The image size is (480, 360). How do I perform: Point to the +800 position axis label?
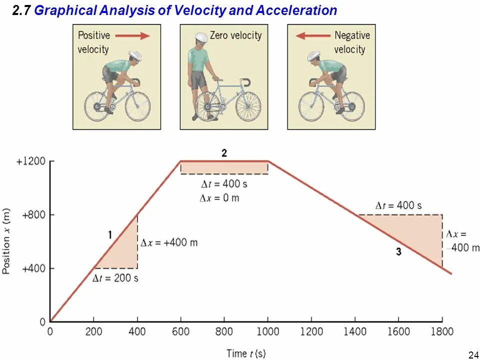click(x=33, y=215)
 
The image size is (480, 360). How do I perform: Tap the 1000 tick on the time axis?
click(x=268, y=332)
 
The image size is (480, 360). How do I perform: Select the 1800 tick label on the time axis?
click(x=441, y=332)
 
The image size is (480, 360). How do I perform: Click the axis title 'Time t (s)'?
click(x=246, y=353)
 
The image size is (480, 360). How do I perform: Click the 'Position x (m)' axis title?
click(x=6, y=240)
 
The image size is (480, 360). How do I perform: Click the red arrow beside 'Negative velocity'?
click(x=312, y=35)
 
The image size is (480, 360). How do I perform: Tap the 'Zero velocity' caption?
click(x=235, y=35)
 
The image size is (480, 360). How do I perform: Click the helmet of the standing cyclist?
click(x=200, y=38)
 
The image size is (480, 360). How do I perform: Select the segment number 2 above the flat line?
click(x=224, y=153)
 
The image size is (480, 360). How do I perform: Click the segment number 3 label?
click(x=398, y=252)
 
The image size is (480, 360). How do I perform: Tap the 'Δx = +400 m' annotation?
click(x=169, y=243)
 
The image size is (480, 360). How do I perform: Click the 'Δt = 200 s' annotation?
click(x=115, y=278)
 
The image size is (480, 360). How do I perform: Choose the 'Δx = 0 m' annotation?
click(x=219, y=198)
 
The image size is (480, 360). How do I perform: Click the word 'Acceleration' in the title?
click(x=296, y=10)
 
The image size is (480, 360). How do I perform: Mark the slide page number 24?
click(x=473, y=355)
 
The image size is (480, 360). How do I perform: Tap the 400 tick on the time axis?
click(x=137, y=332)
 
